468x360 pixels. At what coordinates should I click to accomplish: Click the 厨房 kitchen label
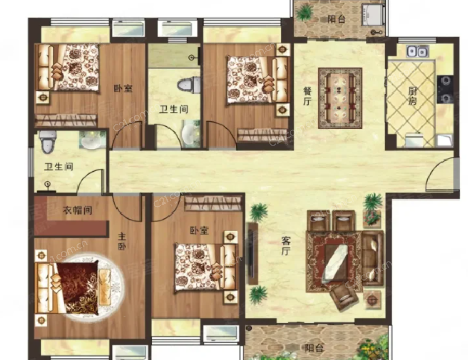[x=412, y=96]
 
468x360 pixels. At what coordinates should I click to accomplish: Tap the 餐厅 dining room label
[x=307, y=96]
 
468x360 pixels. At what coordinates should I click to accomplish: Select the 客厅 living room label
[x=286, y=246]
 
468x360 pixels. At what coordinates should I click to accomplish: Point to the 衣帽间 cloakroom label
[x=77, y=210]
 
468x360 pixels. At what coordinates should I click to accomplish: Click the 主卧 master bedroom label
[x=122, y=242]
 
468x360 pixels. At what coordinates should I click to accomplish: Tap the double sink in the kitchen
[x=417, y=51]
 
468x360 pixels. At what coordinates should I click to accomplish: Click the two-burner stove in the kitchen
[x=445, y=89]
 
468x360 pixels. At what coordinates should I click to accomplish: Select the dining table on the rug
[x=340, y=98]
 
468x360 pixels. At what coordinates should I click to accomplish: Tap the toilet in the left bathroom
[x=48, y=141]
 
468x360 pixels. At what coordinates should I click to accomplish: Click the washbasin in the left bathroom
[x=92, y=140]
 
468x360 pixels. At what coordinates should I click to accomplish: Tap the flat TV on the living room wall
[x=252, y=254]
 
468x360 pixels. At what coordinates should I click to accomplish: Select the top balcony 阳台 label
[x=336, y=19]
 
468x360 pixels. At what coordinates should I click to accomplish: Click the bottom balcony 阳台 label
[x=314, y=348]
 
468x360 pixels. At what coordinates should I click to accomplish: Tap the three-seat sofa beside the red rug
[x=372, y=258]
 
